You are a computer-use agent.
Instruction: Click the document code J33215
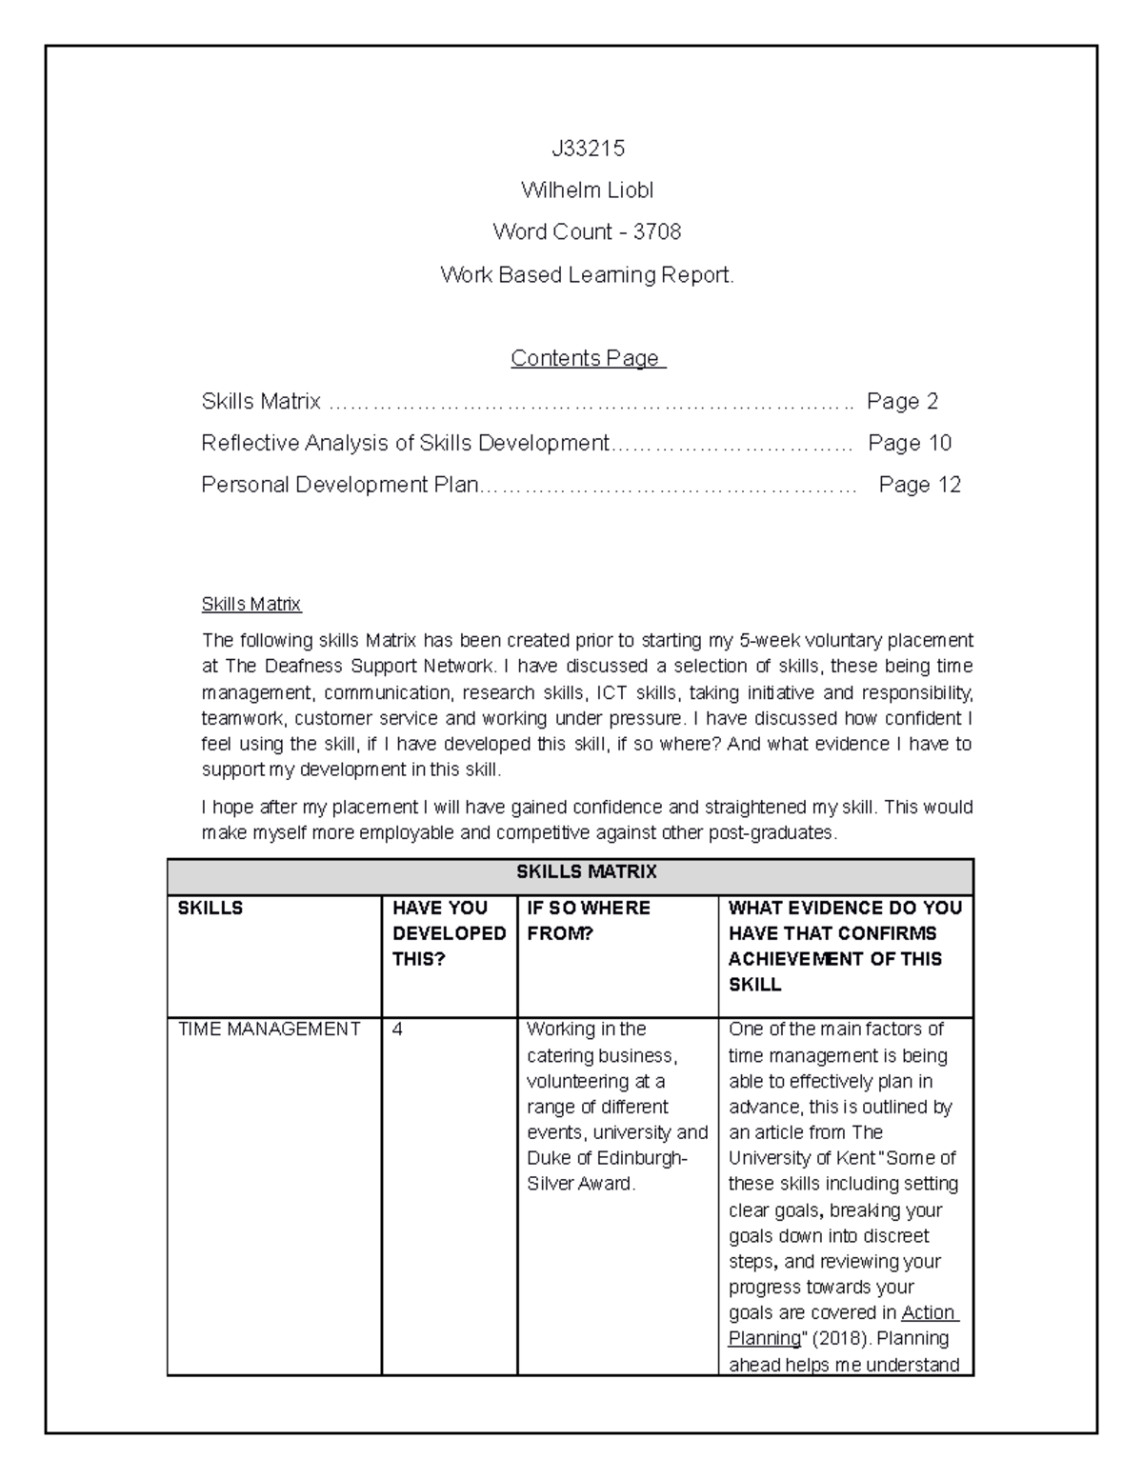click(x=587, y=149)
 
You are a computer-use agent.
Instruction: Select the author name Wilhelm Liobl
click(x=587, y=190)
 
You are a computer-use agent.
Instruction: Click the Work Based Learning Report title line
click(x=587, y=275)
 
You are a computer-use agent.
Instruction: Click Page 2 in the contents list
click(x=902, y=402)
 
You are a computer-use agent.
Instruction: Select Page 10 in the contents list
click(x=910, y=444)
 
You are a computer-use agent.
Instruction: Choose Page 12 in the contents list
click(x=919, y=486)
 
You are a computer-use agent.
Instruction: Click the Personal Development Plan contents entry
click(x=340, y=486)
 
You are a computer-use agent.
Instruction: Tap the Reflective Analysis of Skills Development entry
click(x=405, y=444)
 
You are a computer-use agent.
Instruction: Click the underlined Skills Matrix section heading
click(x=251, y=605)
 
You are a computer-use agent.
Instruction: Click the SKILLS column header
click(x=211, y=909)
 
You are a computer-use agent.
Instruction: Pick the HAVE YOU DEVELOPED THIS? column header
click(x=449, y=933)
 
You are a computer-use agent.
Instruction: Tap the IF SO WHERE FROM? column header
click(x=589, y=921)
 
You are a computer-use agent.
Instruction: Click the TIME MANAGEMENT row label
click(x=270, y=1029)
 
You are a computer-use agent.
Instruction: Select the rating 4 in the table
click(x=398, y=1029)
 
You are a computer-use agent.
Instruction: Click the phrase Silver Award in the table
click(x=579, y=1185)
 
